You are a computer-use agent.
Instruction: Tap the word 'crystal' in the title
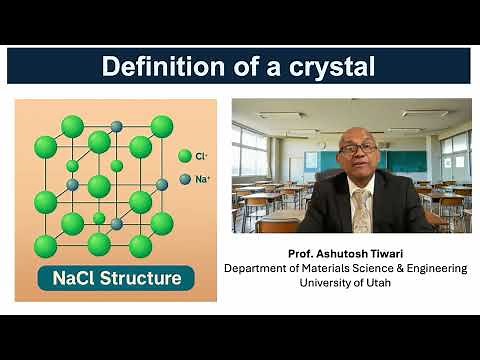coord(331,67)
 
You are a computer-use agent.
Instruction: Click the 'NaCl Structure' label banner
coord(110,277)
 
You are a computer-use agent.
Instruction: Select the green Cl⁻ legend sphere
coord(184,156)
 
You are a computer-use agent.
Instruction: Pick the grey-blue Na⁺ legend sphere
coord(185,179)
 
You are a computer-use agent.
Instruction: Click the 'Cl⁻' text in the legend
coord(203,156)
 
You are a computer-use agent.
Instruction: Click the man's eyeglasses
coord(358,148)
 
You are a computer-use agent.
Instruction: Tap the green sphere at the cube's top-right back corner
coord(161,126)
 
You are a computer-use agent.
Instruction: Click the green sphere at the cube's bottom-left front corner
coord(45,246)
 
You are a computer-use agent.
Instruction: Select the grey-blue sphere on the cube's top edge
coord(116,126)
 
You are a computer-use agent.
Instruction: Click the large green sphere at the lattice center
coord(99,186)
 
